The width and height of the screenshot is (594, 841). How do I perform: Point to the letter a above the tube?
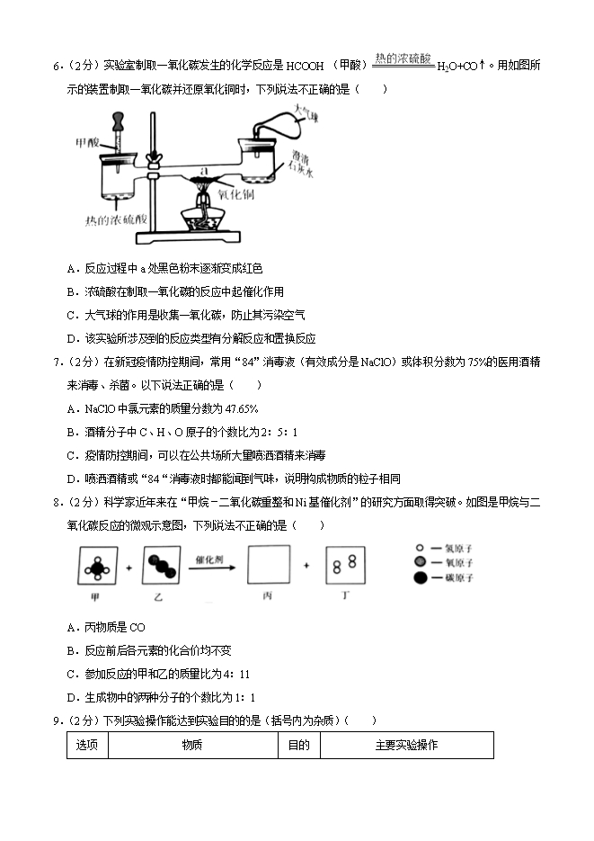(x=204, y=169)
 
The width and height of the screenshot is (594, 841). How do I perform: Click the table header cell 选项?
(x=87, y=745)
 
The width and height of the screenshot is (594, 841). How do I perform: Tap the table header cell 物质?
(x=191, y=745)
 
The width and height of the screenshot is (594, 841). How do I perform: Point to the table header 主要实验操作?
(x=406, y=745)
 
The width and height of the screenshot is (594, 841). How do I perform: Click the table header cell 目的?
(x=298, y=745)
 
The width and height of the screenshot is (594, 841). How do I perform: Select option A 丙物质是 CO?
(x=106, y=627)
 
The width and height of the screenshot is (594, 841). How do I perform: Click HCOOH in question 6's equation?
(x=305, y=67)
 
